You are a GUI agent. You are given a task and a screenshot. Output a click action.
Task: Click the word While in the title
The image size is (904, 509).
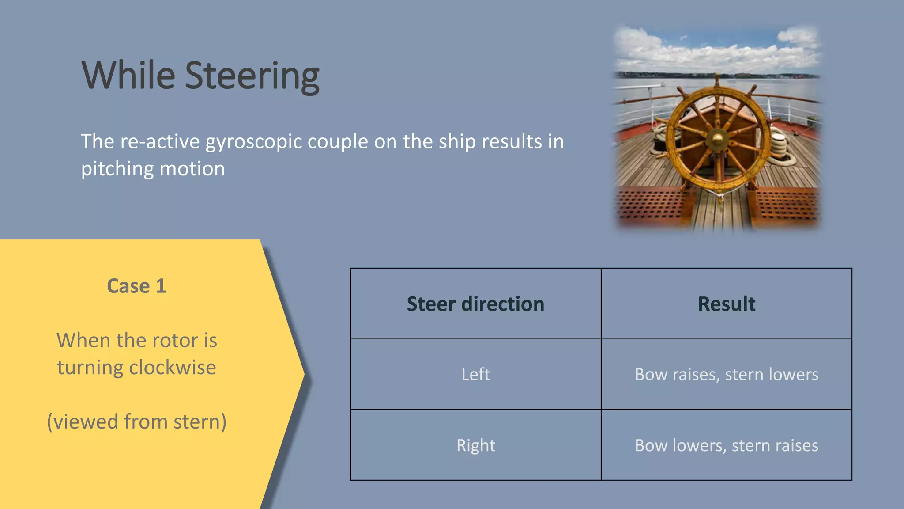point(128,76)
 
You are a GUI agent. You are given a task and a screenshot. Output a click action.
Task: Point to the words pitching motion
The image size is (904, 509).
point(153,169)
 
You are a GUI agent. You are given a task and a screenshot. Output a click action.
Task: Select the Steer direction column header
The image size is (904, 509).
point(475,304)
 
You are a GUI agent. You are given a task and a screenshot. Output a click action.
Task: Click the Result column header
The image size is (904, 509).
point(726,304)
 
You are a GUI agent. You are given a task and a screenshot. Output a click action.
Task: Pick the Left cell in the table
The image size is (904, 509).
point(475,374)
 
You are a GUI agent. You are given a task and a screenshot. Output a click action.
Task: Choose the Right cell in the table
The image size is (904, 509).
point(475,445)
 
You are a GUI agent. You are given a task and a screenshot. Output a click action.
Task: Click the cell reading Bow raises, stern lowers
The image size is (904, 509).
point(726,374)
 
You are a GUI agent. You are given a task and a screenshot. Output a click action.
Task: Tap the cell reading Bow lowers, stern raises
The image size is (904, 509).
point(726,445)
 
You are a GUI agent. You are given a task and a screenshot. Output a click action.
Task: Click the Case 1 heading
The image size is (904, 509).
point(136,286)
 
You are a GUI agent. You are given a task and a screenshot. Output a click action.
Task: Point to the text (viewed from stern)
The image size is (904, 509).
point(136,422)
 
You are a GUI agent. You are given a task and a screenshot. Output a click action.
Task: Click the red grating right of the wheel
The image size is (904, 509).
point(786,204)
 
